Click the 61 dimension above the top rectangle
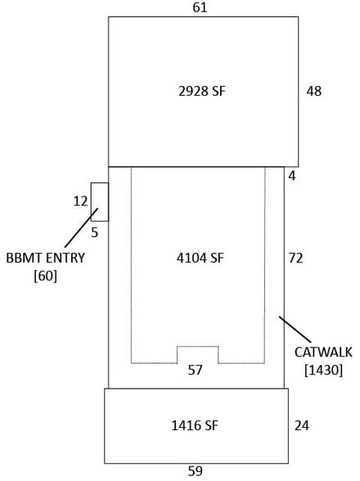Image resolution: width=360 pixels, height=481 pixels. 200,7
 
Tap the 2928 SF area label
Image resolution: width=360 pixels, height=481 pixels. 202,91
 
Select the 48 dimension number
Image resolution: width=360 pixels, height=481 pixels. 313,91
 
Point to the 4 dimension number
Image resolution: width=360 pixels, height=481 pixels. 292,176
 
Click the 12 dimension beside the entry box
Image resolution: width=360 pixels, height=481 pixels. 80,201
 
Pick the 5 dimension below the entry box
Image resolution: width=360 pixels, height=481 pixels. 95,233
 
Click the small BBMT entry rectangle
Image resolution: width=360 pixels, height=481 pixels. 100,202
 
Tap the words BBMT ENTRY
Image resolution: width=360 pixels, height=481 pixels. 46,258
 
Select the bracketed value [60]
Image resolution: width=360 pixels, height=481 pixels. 46,276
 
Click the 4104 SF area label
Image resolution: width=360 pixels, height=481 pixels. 200,258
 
